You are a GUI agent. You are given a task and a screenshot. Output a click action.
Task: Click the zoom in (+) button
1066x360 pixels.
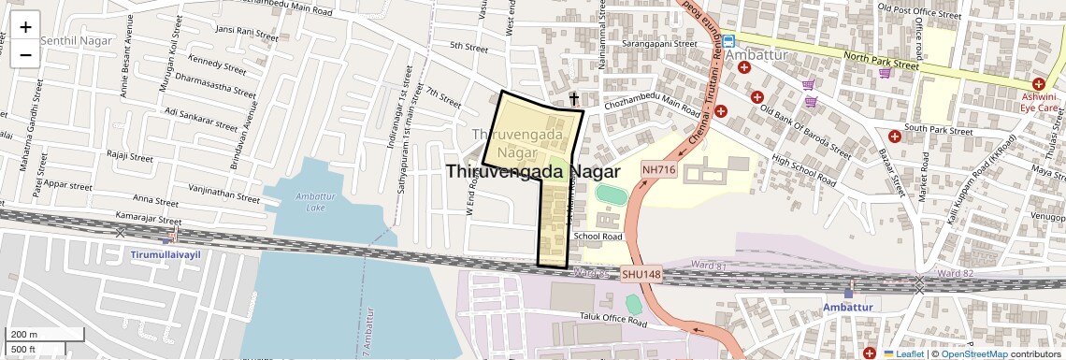click(25, 27)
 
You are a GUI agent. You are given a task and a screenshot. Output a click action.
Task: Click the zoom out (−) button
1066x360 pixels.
click(25, 54)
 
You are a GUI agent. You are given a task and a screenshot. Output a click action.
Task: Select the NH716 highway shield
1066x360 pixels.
click(658, 169)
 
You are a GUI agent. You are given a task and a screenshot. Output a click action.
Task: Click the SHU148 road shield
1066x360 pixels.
click(641, 275)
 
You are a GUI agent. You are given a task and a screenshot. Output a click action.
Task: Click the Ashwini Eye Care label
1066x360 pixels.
click(1039, 102)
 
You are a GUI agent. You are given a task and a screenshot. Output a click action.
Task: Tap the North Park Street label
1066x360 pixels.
click(881, 61)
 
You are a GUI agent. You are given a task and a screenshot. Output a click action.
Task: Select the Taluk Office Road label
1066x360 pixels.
click(612, 321)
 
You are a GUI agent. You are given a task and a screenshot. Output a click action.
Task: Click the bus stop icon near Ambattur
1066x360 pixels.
click(728, 41)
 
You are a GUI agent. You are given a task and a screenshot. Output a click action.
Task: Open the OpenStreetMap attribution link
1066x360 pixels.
click(973, 354)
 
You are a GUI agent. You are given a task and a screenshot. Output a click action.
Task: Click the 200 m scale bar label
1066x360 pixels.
click(24, 335)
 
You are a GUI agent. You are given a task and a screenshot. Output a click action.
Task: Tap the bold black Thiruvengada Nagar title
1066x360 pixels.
click(533, 172)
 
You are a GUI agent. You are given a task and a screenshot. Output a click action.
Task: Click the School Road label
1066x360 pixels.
click(598, 237)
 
